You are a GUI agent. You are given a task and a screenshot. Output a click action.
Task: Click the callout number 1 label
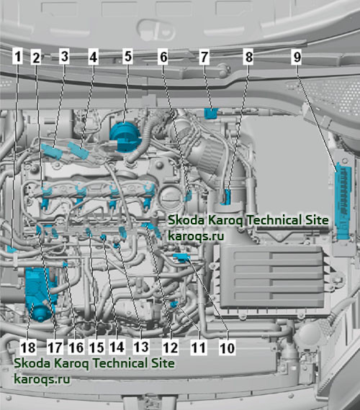(x=17, y=57)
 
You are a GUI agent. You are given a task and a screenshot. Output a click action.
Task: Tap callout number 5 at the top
(x=127, y=56)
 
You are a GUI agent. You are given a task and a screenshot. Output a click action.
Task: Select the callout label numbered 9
(x=297, y=57)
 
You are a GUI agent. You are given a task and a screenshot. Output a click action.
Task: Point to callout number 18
(x=28, y=347)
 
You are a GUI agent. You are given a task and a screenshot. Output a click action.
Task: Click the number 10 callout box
(x=227, y=347)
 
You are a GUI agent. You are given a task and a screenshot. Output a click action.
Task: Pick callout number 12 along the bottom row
(x=170, y=347)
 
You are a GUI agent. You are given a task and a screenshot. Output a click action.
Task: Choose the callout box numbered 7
(x=204, y=57)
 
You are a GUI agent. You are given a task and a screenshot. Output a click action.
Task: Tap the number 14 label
(x=117, y=347)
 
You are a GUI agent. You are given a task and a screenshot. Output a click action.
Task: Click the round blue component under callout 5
(x=125, y=137)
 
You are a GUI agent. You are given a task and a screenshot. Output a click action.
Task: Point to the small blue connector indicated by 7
(x=211, y=113)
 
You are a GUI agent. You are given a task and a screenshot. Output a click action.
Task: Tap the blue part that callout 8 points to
(x=227, y=197)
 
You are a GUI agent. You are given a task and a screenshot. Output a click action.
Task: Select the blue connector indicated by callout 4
(x=78, y=150)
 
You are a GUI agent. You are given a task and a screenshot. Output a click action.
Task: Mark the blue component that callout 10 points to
(x=181, y=257)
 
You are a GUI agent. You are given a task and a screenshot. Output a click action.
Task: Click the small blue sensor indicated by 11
(x=174, y=304)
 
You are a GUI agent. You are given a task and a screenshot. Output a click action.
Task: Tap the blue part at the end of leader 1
(x=12, y=249)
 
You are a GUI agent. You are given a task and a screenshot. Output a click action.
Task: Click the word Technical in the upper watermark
(x=271, y=220)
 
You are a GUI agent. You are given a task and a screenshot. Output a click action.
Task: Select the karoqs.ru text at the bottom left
(x=42, y=379)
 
